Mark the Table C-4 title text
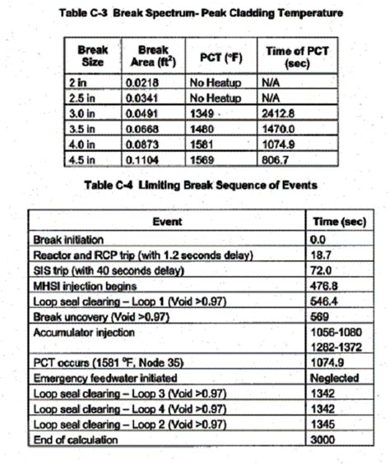(196, 185)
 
